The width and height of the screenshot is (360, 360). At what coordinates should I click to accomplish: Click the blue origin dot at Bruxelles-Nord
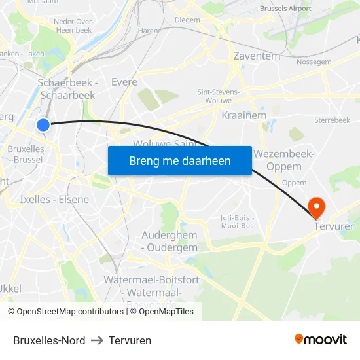click(43, 124)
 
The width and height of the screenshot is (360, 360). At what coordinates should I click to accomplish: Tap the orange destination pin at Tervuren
click(316, 207)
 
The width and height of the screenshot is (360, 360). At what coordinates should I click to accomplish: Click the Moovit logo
click(321, 340)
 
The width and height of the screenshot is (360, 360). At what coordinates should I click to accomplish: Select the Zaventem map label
click(257, 56)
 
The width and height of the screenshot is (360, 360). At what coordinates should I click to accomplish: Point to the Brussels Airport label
click(285, 9)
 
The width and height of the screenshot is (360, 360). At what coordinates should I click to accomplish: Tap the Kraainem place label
click(245, 115)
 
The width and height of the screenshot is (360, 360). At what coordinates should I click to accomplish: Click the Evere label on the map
click(124, 82)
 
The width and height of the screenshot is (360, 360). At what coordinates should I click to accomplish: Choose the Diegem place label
click(187, 20)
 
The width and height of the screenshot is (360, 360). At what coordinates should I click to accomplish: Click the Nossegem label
click(314, 62)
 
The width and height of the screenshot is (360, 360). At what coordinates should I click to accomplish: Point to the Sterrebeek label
click(332, 120)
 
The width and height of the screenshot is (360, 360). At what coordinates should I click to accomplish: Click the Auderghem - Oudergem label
click(170, 241)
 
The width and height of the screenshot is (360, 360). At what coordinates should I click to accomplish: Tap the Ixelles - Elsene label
click(54, 199)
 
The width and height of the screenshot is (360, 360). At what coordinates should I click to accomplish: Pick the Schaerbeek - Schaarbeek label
click(67, 88)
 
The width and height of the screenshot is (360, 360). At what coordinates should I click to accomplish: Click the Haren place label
click(148, 31)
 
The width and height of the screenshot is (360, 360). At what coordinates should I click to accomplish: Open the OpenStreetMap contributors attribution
click(65, 312)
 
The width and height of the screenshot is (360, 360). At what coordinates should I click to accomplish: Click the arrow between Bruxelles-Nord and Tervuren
click(97, 340)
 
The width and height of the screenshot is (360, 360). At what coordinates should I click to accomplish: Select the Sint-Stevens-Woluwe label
click(219, 97)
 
